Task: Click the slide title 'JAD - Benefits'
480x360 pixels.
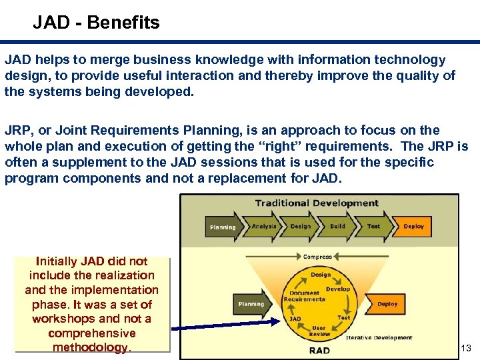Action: click(x=97, y=23)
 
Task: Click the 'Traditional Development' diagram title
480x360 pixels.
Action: click(x=317, y=203)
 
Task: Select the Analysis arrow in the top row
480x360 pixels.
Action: click(x=264, y=226)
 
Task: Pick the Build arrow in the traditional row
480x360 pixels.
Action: click(x=338, y=226)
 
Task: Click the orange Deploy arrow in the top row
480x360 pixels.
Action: click(x=413, y=226)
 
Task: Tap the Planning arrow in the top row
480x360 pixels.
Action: click(x=223, y=227)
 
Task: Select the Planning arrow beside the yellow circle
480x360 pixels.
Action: click(x=251, y=303)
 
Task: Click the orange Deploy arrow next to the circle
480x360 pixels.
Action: click(x=387, y=304)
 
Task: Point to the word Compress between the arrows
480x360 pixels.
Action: click(x=318, y=257)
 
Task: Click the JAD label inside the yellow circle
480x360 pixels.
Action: click(x=295, y=319)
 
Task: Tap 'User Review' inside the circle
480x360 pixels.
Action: click(x=319, y=330)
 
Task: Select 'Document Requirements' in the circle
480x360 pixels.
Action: click(x=304, y=296)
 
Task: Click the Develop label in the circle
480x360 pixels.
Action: click(x=338, y=289)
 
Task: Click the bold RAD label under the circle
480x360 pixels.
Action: click(x=319, y=350)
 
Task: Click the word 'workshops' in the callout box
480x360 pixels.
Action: click(x=63, y=319)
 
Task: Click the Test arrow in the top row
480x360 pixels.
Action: click(x=373, y=226)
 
